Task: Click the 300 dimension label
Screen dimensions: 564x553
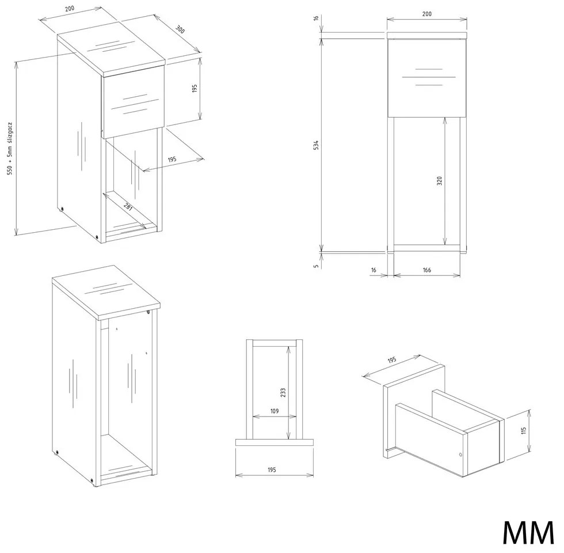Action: click(180, 29)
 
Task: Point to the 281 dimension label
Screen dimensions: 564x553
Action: click(128, 207)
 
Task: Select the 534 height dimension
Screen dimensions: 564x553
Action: click(316, 145)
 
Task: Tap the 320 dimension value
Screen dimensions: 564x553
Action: click(439, 181)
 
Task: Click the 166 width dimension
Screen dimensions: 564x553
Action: click(427, 270)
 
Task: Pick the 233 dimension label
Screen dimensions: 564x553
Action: click(283, 392)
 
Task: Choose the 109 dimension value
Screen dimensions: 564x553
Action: click(275, 411)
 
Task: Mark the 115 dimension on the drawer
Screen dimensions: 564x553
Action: click(523, 431)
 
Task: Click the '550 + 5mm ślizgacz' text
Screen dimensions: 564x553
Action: click(10, 149)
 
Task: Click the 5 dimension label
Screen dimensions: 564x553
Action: click(316, 266)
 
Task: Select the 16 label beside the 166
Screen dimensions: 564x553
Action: click(374, 270)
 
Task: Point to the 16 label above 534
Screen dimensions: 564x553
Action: click(316, 18)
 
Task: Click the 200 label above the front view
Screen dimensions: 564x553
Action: click(426, 14)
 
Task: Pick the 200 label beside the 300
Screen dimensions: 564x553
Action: click(70, 8)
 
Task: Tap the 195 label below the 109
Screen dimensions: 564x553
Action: click(272, 469)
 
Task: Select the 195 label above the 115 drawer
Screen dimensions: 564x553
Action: click(392, 360)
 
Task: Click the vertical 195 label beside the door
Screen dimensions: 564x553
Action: click(195, 89)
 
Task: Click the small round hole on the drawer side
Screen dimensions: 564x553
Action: click(460, 454)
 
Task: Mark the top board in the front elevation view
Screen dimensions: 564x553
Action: click(426, 35)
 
